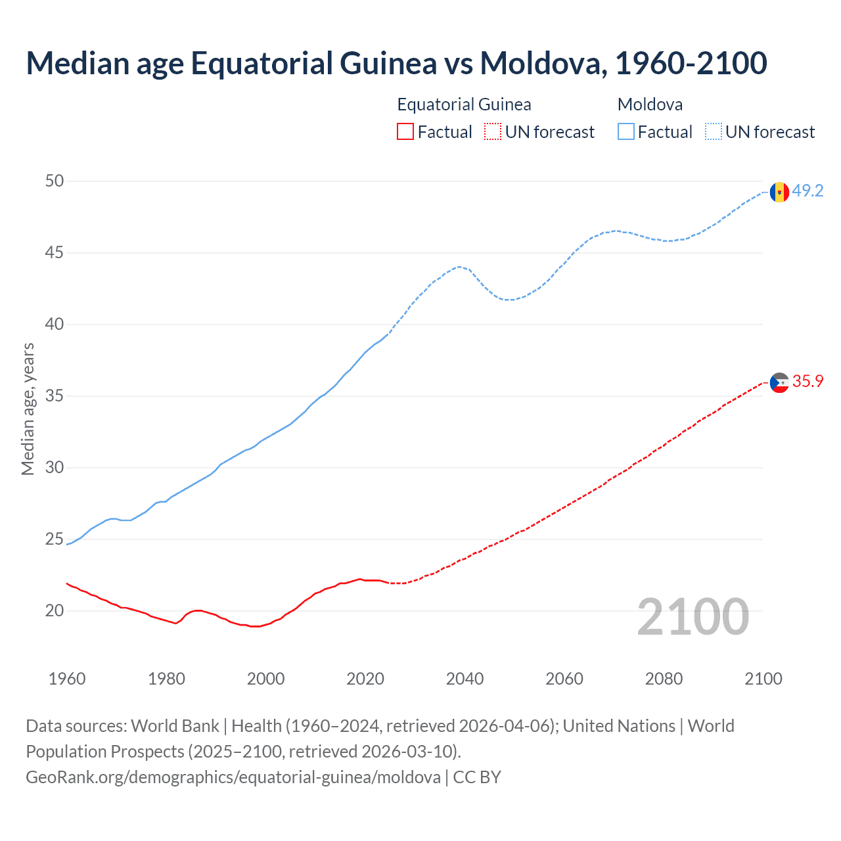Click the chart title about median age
(396, 63)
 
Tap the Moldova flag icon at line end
(779, 192)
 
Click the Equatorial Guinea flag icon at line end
(779, 382)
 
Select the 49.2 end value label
(807, 191)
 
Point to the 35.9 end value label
(807, 382)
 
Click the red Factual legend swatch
(405, 132)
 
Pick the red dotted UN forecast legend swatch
(493, 132)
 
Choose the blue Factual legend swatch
(626, 132)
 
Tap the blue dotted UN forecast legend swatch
(714, 132)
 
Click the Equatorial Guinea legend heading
(464, 104)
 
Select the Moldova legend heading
(650, 104)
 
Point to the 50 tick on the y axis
(55, 181)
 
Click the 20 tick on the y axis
(55, 611)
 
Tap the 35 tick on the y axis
(55, 396)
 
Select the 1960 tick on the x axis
(67, 679)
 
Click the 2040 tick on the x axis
(465, 679)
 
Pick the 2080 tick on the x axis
(664, 679)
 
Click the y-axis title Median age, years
(28, 409)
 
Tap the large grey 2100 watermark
(693, 617)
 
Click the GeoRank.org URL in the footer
(233, 777)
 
